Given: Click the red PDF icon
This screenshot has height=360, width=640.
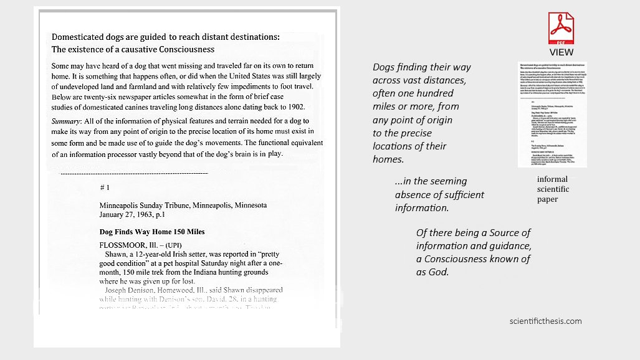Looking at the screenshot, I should pos(561,28).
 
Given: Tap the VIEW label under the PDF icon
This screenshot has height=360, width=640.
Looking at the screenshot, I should pos(561,52).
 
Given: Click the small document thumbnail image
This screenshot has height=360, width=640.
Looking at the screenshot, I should pos(552,114).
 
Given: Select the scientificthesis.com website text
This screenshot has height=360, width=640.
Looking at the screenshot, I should pos(545,321).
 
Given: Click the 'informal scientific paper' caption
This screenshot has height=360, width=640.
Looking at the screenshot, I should pos(552,189).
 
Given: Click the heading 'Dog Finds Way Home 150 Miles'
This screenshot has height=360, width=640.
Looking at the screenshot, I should pos(152,232).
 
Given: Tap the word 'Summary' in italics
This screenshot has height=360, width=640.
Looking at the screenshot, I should pos(67,120).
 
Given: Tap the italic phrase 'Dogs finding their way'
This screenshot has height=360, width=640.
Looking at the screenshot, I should pos(421,67).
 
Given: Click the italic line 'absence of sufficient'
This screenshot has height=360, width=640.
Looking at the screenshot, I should pos(439,194).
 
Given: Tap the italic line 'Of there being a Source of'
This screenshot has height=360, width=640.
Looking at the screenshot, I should pos(473,232).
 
